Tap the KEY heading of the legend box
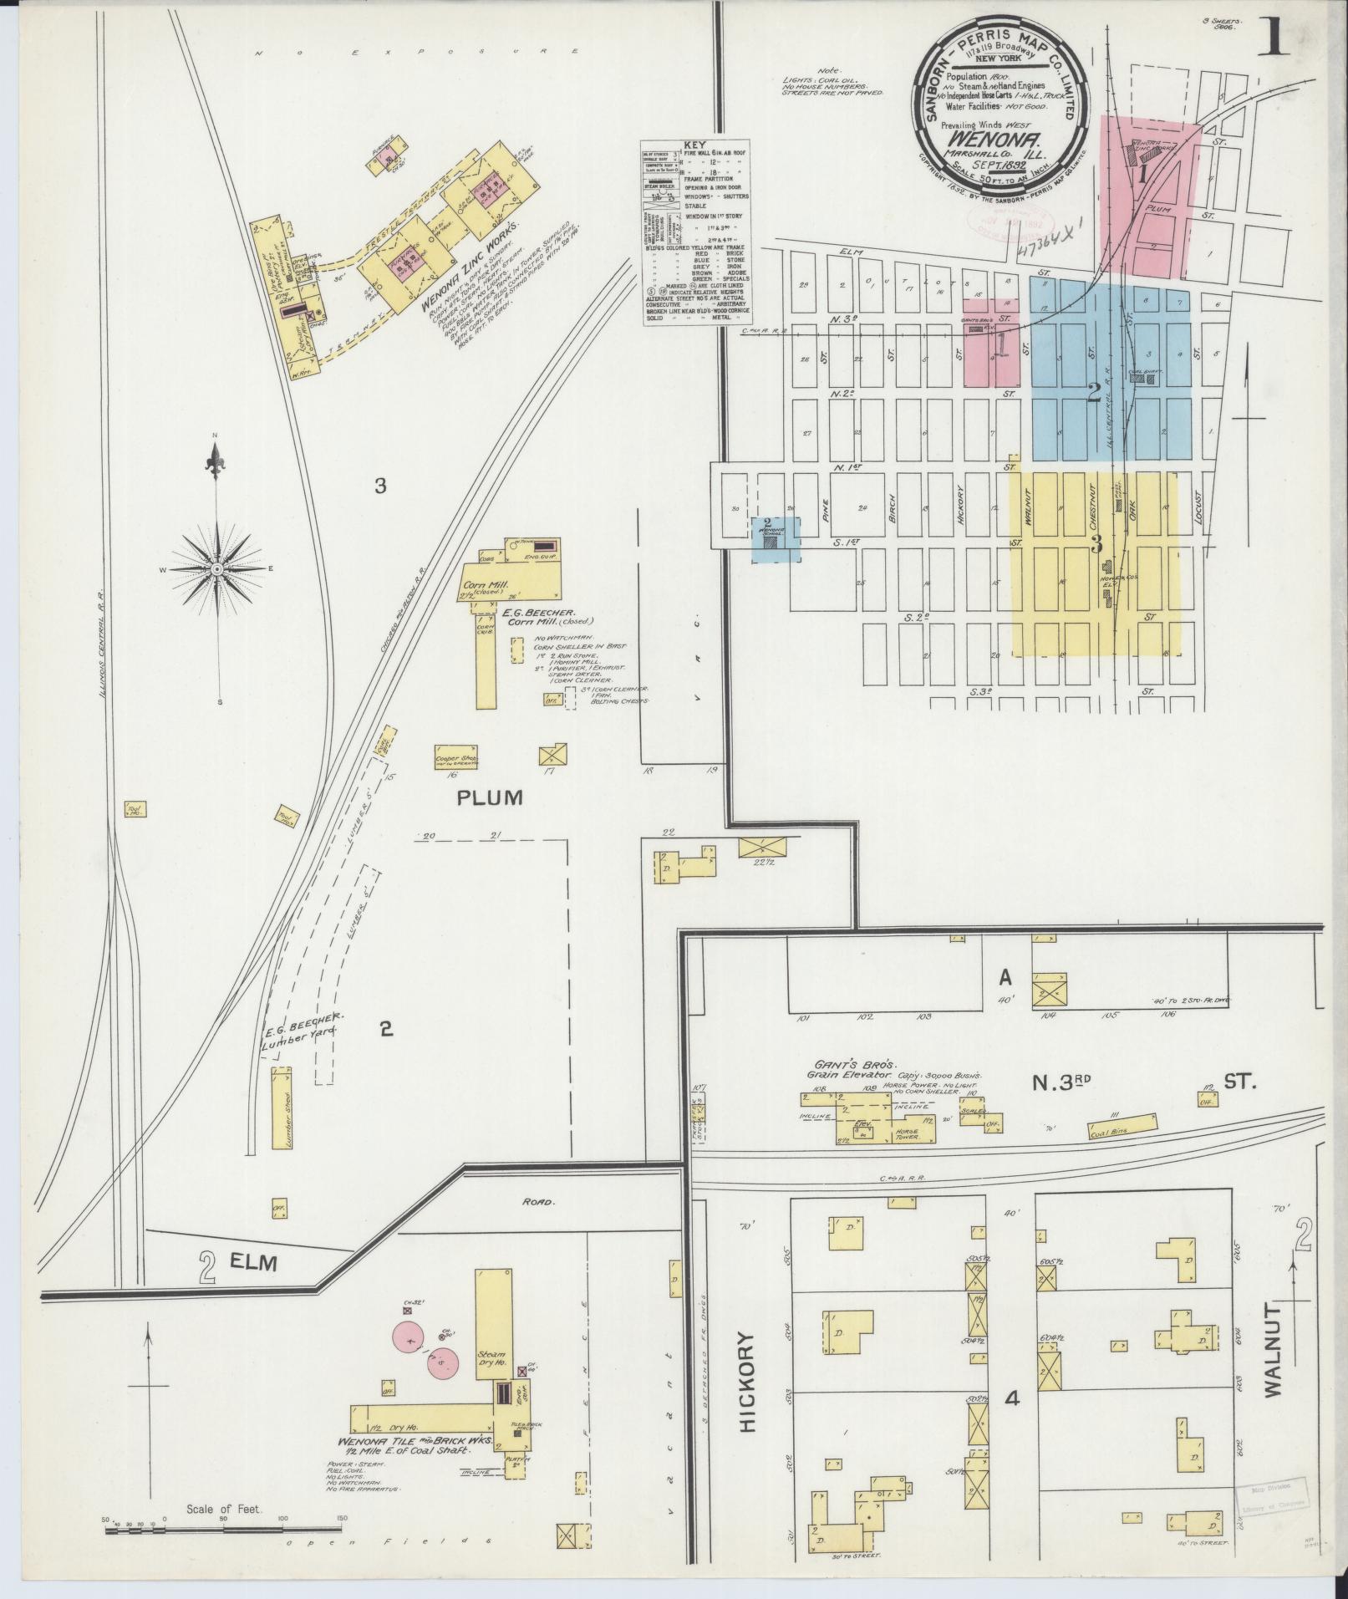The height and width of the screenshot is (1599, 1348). point(695,145)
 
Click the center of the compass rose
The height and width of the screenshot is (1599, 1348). point(216,568)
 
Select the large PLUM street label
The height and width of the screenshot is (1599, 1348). point(490,797)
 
